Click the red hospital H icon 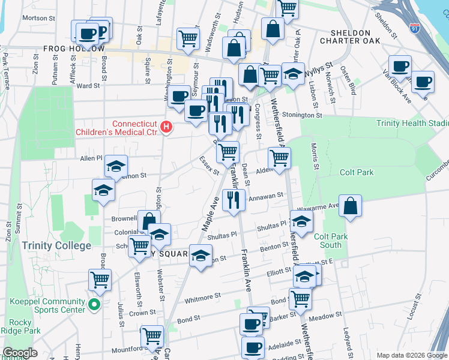click(166, 127)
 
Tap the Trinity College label click(56, 245)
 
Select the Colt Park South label click(331, 241)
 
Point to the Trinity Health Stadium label click(412, 123)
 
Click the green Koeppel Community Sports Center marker click(94, 305)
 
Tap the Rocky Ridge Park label click(20, 326)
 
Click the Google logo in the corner click(20, 353)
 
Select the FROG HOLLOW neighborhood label click(73, 49)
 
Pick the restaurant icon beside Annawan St click(234, 200)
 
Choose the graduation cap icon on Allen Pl click(116, 166)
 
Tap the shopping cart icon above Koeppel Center click(100, 279)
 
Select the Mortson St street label click(38, 18)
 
